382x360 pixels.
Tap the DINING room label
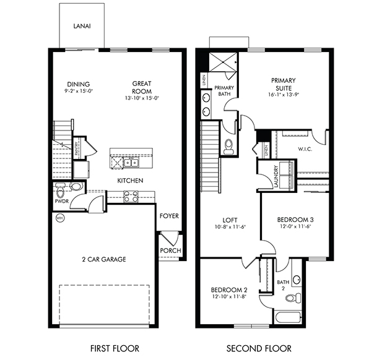(x=79, y=85)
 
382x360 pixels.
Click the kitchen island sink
(x=132, y=163)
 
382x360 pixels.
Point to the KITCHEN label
(x=131, y=181)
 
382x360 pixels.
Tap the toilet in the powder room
(x=76, y=186)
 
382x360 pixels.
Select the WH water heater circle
(x=60, y=218)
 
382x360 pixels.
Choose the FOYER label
(x=169, y=216)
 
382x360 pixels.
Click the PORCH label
(x=169, y=251)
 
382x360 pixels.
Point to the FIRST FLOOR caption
(x=115, y=348)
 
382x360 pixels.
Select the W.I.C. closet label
(x=305, y=148)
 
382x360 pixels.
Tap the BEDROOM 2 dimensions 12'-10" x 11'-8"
(x=228, y=298)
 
